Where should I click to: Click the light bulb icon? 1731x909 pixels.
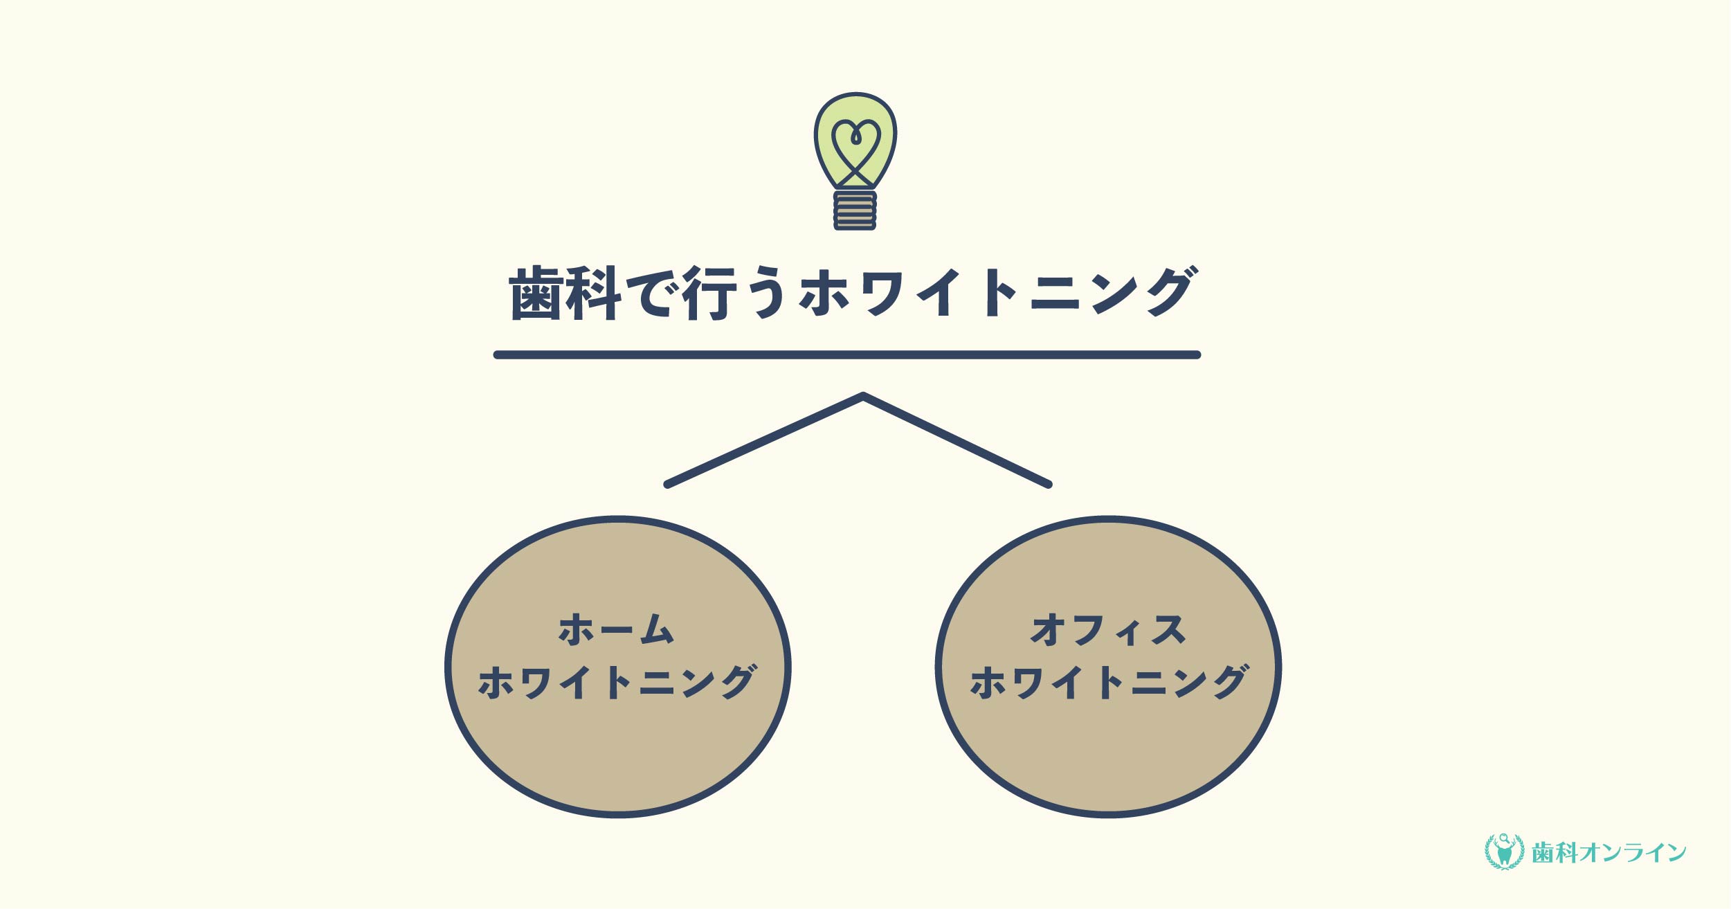click(855, 161)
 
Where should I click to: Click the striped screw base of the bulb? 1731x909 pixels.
click(855, 210)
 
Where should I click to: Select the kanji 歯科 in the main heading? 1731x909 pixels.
click(565, 294)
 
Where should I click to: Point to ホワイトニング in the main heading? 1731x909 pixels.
click(997, 293)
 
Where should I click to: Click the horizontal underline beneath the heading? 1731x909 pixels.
click(846, 355)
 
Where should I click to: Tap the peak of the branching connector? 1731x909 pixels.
click(863, 396)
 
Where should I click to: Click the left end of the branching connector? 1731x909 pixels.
click(667, 485)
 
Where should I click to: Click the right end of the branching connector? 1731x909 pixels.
click(1049, 485)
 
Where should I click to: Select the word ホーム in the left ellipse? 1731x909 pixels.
click(615, 630)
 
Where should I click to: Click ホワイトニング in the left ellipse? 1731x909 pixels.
click(617, 684)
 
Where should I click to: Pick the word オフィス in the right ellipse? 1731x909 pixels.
click(1109, 630)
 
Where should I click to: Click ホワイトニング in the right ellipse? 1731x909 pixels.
click(1109, 684)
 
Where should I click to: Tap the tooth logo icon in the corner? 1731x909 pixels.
click(1504, 852)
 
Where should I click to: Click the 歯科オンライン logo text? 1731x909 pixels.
click(1609, 853)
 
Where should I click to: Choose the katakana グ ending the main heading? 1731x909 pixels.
click(1170, 291)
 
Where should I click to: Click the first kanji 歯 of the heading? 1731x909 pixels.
click(536, 294)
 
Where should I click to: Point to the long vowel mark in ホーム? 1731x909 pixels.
click(616, 631)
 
